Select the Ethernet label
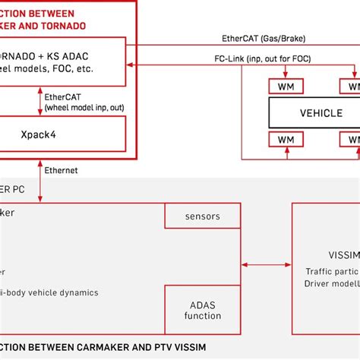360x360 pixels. pyautogui.click(x=61, y=171)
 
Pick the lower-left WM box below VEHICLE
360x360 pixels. pyautogui.click(x=286, y=140)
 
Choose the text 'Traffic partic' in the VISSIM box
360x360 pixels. pyautogui.click(x=331, y=270)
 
